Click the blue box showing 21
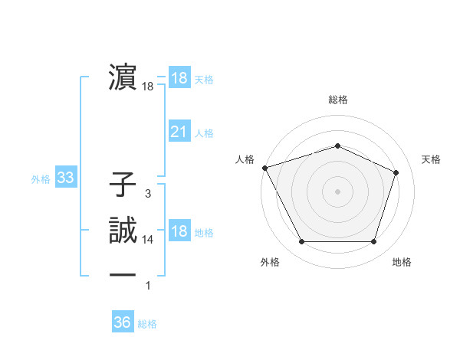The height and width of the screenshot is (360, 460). pos(179,132)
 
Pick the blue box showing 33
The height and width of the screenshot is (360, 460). pos(66,178)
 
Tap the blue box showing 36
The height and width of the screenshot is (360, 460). pos(122,322)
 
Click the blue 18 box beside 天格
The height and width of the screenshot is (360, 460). pos(179,78)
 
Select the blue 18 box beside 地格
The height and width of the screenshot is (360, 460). pos(179,232)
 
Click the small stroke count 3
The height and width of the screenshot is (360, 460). pos(147,194)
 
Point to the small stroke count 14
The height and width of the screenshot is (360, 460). pos(147,240)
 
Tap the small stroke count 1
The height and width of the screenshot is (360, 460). pos(148,286)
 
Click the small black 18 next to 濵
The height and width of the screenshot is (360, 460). pos(147,87)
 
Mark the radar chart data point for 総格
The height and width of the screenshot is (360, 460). pos(337,146)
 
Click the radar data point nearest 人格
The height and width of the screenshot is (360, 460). pos(264,167)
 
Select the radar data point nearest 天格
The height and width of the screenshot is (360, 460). pos(396,172)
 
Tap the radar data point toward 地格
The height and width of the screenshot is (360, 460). pos(373,242)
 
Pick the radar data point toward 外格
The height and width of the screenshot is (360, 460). pos(301,242)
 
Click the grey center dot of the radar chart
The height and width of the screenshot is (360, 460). pos(337,191)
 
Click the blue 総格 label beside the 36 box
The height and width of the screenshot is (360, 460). pos(147,324)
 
